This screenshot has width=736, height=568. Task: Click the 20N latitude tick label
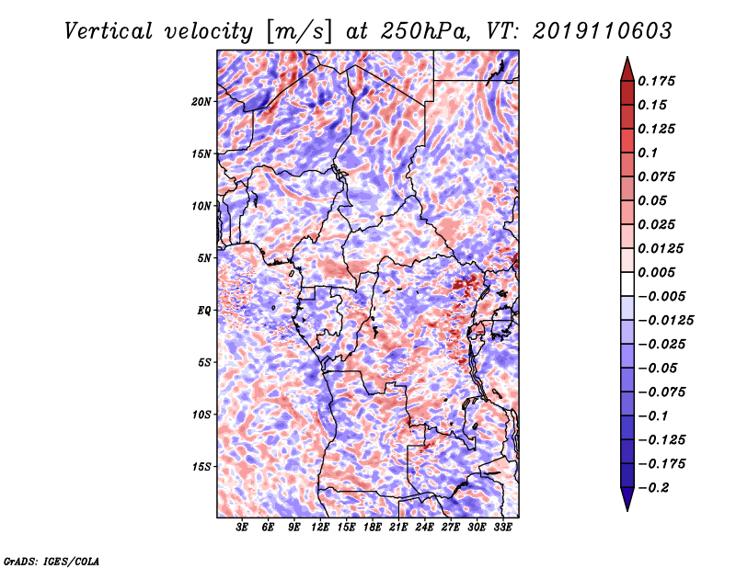201,102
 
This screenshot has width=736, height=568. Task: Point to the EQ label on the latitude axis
203,311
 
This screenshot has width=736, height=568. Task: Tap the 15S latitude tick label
201,467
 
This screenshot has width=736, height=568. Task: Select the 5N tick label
204,258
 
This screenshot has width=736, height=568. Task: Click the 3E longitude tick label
242,527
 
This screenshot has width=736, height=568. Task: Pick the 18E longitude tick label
373,527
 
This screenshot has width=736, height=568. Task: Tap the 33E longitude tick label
502,527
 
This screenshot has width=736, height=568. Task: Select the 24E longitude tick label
424,527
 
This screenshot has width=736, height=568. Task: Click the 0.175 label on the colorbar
656,81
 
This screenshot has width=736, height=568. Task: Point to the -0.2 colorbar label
653,488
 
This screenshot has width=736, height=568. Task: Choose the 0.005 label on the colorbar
656,272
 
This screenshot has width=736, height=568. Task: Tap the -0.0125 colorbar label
665,321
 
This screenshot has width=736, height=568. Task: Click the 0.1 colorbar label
648,153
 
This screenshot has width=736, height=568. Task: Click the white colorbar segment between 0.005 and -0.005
627,284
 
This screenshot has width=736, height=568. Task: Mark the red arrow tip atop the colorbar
627,57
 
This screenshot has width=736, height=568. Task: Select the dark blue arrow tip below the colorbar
627,510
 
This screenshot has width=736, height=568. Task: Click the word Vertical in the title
109,31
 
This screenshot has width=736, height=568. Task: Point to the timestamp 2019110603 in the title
603,31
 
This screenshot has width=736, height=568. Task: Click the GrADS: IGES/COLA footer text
52,561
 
